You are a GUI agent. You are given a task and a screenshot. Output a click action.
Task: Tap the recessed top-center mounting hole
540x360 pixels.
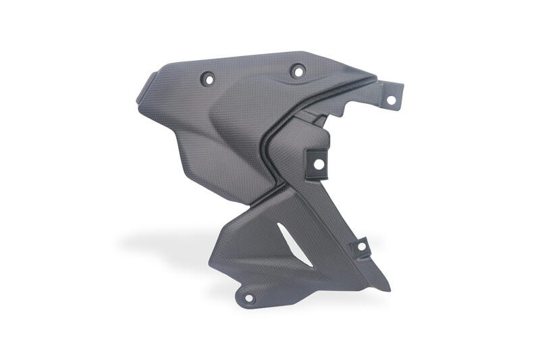(298, 70)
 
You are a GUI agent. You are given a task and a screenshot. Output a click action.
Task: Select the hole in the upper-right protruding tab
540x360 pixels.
(390, 100)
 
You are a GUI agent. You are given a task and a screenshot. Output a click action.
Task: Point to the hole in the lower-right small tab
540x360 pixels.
(361, 247)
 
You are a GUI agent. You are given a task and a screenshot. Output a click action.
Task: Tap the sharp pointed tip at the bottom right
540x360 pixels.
(389, 290)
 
